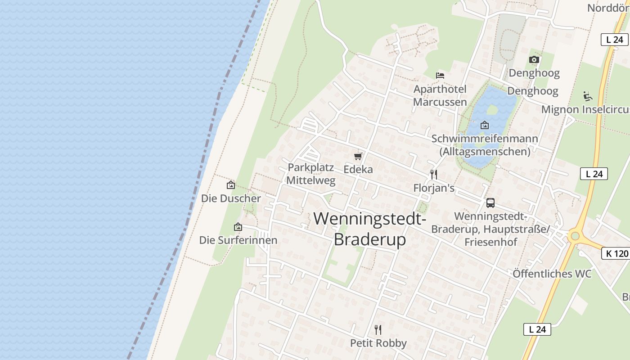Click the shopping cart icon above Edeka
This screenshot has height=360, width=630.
pyautogui.click(x=358, y=156)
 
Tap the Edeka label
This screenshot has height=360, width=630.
pyautogui.click(x=358, y=169)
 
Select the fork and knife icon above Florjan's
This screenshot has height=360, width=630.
pyautogui.click(x=434, y=174)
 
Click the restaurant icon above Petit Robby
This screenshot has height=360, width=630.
pyautogui.click(x=378, y=330)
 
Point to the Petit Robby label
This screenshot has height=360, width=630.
pyautogui.click(x=378, y=343)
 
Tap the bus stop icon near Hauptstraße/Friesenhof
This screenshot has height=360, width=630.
pyautogui.click(x=490, y=203)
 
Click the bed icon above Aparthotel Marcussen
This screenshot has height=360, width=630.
pyautogui.click(x=440, y=75)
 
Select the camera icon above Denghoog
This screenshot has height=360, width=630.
pyautogui.click(x=534, y=59)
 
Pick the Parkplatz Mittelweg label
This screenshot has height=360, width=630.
pyautogui.click(x=311, y=174)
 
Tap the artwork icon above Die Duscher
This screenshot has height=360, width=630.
pyautogui.click(x=231, y=184)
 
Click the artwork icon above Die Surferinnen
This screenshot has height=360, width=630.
pyautogui.click(x=238, y=227)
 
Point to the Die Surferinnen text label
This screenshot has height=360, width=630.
pyautogui.click(x=238, y=240)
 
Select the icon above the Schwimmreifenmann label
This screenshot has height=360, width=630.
pyautogui.click(x=485, y=125)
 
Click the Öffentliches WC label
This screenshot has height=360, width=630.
pyautogui.click(x=552, y=274)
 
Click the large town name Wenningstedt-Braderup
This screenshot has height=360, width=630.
pyautogui.click(x=370, y=229)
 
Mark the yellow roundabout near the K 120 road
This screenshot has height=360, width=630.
pyautogui.click(x=574, y=236)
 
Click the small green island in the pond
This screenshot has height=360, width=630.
pyautogui.click(x=492, y=109)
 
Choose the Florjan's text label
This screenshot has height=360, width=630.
pyautogui.click(x=434, y=188)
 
